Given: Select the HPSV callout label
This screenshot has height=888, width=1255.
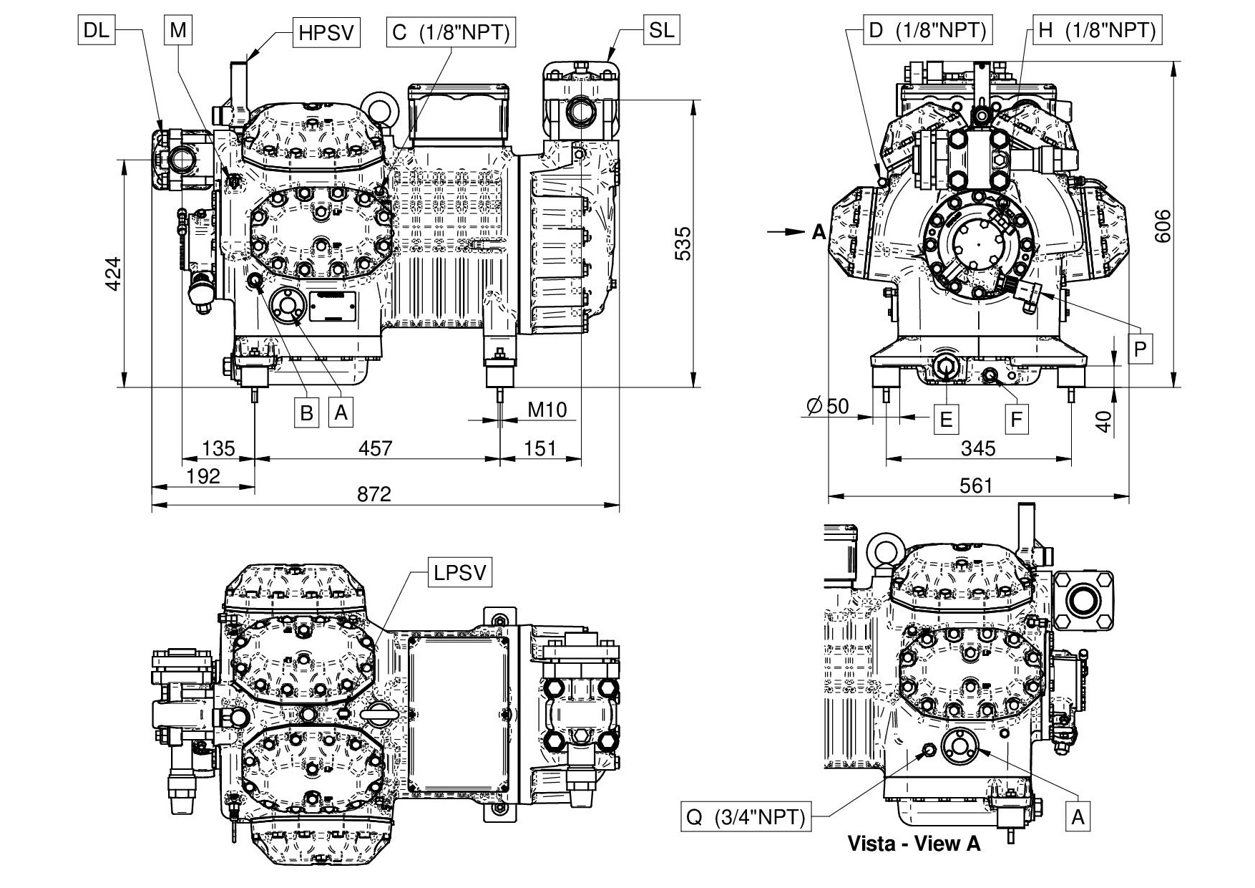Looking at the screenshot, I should click(326, 33).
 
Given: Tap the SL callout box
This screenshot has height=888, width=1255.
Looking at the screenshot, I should click(661, 30).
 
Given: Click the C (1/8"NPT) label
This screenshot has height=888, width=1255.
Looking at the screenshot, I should click(451, 33).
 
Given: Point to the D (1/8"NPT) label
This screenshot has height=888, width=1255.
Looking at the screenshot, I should click(927, 30).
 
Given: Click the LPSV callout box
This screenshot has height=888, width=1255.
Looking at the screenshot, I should click(460, 572).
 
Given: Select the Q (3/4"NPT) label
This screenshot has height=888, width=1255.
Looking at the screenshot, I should click(746, 816).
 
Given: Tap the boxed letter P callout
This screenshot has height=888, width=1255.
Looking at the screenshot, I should click(1141, 349).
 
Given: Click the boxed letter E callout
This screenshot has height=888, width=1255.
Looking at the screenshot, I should click(946, 420).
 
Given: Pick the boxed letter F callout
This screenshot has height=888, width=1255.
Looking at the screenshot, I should click(1016, 419).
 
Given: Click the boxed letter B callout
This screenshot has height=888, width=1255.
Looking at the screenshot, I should click(306, 413).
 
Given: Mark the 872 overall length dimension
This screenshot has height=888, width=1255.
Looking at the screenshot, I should click(374, 494).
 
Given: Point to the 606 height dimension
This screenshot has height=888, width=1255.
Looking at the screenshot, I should click(1164, 225).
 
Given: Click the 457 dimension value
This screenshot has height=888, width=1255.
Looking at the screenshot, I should click(375, 448).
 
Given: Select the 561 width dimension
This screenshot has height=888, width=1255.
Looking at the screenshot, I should click(976, 486).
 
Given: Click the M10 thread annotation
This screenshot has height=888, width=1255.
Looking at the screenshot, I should click(547, 410).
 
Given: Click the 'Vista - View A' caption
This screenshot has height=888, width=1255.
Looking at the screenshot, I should click(913, 843).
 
